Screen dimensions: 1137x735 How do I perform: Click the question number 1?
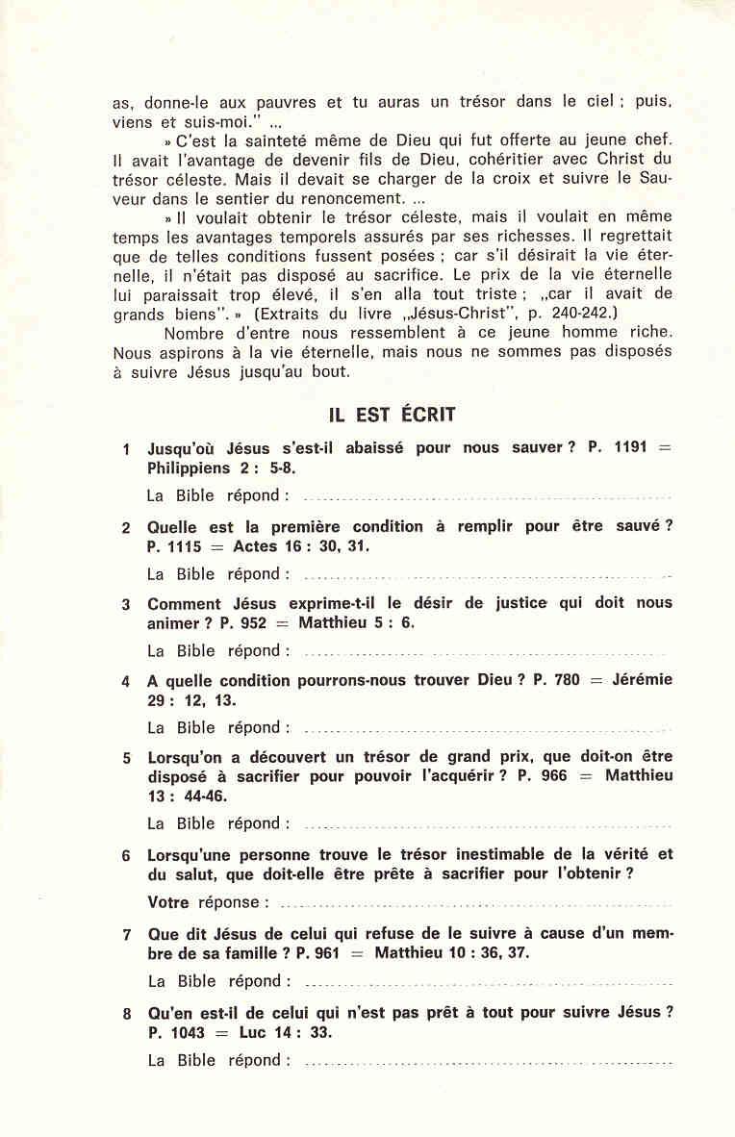(x=127, y=450)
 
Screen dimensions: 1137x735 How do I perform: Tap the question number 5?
(x=127, y=758)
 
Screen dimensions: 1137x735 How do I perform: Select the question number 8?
(x=127, y=1013)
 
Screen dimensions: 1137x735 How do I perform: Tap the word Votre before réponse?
(x=169, y=902)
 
